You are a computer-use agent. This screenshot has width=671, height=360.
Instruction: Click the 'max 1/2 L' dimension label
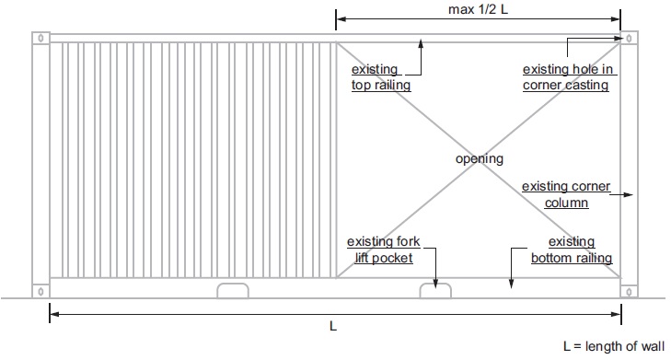[478, 9]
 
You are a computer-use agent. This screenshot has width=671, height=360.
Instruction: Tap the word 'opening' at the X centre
[480, 158]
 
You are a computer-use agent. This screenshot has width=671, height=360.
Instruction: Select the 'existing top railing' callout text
[381, 77]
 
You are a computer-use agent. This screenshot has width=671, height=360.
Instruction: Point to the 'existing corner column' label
[566, 194]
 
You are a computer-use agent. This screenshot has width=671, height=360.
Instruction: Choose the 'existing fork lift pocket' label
[384, 250]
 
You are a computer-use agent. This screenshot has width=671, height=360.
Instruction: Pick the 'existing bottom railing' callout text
[572, 250]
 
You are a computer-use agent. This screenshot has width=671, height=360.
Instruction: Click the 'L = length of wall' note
[614, 346]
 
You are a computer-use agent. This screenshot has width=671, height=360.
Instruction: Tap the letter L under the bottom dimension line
[333, 326]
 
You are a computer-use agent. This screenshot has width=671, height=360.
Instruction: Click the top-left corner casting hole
[40, 38]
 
